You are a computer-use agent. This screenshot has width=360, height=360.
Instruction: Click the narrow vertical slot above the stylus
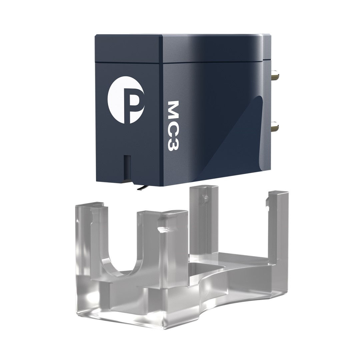point(127,166)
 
